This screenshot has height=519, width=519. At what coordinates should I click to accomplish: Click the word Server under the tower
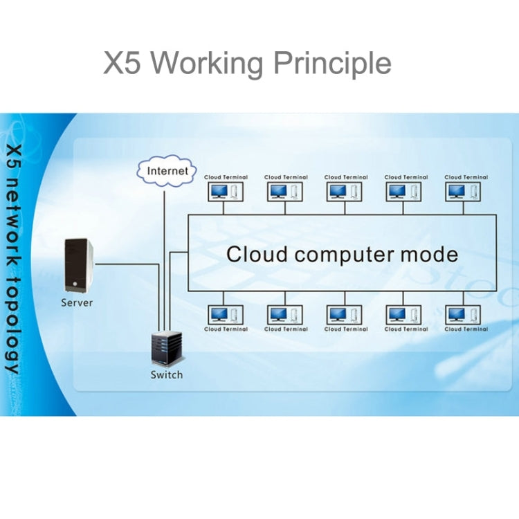coord(77,302)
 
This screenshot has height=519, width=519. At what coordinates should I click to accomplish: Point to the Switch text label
coord(167,375)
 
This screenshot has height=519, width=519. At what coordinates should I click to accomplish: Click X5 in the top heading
coord(123,63)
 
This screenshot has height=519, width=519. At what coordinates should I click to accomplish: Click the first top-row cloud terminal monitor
coord(221,190)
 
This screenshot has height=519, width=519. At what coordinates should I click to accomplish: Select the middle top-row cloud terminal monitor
coord(338,190)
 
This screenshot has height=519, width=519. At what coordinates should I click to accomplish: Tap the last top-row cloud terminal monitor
coord(455,190)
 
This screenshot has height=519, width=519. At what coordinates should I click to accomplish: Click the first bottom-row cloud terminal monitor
coord(219,315)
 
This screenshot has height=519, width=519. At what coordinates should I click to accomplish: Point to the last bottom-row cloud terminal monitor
coord(457,315)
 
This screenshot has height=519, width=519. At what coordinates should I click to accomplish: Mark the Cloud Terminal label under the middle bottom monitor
coord(346,329)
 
